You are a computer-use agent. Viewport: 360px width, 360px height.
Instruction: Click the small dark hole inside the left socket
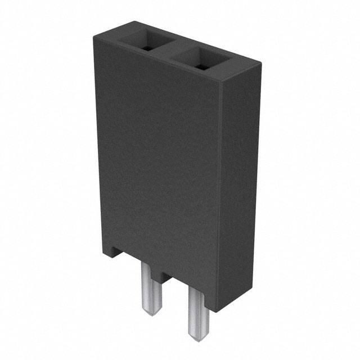(x=148, y=47)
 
